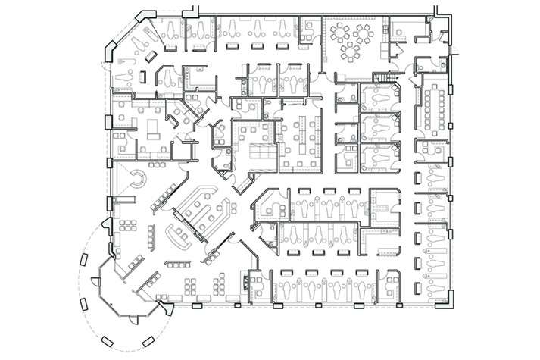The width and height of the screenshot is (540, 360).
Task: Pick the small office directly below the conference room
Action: tap(432, 152)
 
